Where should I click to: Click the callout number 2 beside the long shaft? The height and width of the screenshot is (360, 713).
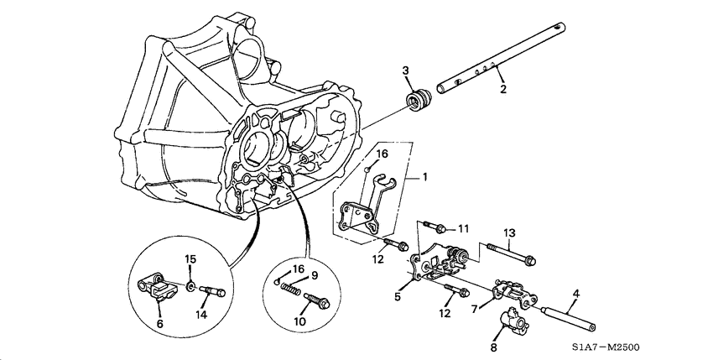[502, 88]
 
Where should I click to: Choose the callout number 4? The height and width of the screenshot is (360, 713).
[575, 294]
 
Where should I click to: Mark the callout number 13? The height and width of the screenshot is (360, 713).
[509, 232]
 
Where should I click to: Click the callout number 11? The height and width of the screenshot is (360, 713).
[463, 228]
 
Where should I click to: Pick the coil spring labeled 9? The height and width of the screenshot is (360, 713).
[290, 288]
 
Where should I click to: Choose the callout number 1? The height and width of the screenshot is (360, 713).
[425, 177]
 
